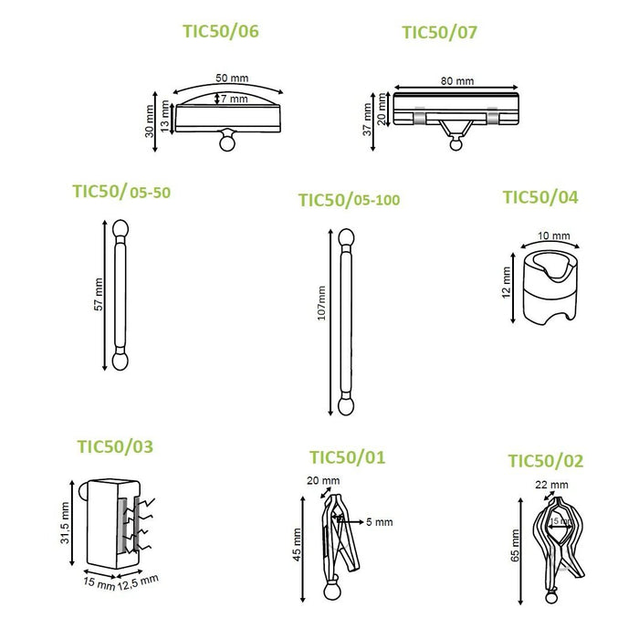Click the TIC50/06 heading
pyautogui.click(x=221, y=31)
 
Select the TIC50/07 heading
pyautogui.click(x=439, y=33)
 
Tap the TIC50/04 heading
pyautogui.click(x=540, y=197)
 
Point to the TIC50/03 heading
pyautogui.click(x=115, y=446)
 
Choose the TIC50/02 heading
pyautogui.click(x=546, y=461)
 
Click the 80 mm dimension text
pyautogui.click(x=457, y=81)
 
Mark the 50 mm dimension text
pyautogui.click(x=232, y=78)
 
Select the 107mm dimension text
pyautogui.click(x=321, y=303)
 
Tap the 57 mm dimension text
pyautogui.click(x=99, y=294)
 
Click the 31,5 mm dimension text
pyautogui.click(x=65, y=523)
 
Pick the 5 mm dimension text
pyautogui.click(x=380, y=522)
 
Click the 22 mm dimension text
pyautogui.click(x=551, y=485)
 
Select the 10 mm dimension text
pyautogui.click(x=554, y=236)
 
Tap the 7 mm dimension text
pyautogui.click(x=235, y=99)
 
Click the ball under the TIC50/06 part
pyautogui.click(x=227, y=143)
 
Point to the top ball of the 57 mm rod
pyautogui.click(x=120, y=228)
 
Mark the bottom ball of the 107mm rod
pyautogui.click(x=346, y=407)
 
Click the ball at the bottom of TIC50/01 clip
pyautogui.click(x=331, y=592)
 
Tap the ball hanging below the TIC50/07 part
pyautogui.click(x=456, y=144)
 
